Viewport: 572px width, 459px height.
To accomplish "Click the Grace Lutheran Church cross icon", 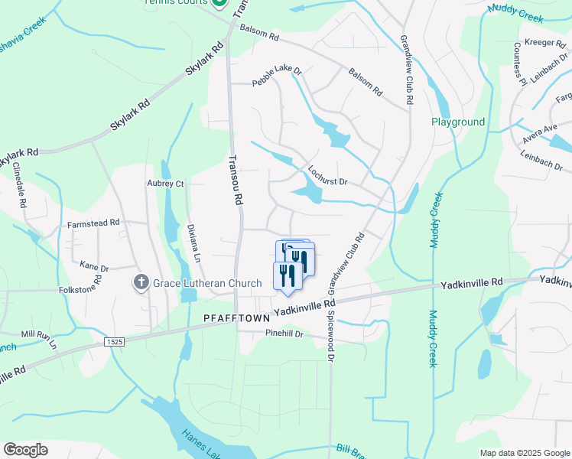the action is coord(141,283).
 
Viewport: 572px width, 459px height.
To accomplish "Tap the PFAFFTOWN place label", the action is coord(236,317).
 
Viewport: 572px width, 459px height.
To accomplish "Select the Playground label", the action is coord(458,122).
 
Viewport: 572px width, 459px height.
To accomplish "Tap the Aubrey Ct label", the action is coord(165,184).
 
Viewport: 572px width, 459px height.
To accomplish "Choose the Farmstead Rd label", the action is coord(93,223).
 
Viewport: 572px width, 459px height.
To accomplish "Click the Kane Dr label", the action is coord(95,268).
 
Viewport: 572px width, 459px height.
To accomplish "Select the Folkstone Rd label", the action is coord(81,291).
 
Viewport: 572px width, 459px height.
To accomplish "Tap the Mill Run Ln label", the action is coord(39,339).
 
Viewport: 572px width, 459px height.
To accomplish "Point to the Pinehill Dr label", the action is coord(284,334).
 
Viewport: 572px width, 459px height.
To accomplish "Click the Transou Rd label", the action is coord(236,180).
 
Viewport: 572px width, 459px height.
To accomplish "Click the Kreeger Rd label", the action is coord(542,44).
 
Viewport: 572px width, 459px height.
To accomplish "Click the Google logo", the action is coord(25,450).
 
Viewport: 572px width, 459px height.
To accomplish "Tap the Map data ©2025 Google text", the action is coord(524,453).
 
